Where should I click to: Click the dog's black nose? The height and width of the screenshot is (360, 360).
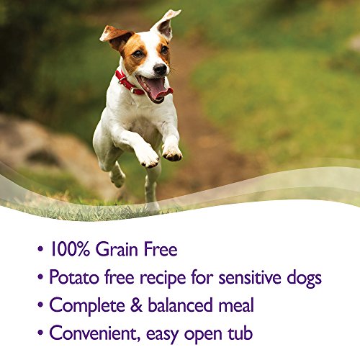[x=160, y=69]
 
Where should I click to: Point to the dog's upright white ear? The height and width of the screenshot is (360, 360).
[x=166, y=24]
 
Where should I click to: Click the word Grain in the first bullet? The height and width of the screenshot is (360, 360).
[x=117, y=249]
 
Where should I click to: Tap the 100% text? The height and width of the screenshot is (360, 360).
[x=70, y=249]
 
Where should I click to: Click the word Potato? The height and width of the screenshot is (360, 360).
[x=74, y=277]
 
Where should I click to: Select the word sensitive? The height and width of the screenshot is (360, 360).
[x=250, y=277]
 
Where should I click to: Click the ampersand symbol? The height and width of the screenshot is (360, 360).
[x=136, y=305]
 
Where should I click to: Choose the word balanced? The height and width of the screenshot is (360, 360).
[x=180, y=305]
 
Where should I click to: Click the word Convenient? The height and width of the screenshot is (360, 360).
[x=95, y=333]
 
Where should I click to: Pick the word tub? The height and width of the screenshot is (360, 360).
[x=240, y=333]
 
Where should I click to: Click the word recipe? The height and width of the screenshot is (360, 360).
[x=163, y=279]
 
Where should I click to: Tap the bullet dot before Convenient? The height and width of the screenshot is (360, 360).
[x=40, y=333]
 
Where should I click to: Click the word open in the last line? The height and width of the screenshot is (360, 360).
[x=203, y=335]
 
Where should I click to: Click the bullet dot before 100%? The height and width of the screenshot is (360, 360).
[x=40, y=249]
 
